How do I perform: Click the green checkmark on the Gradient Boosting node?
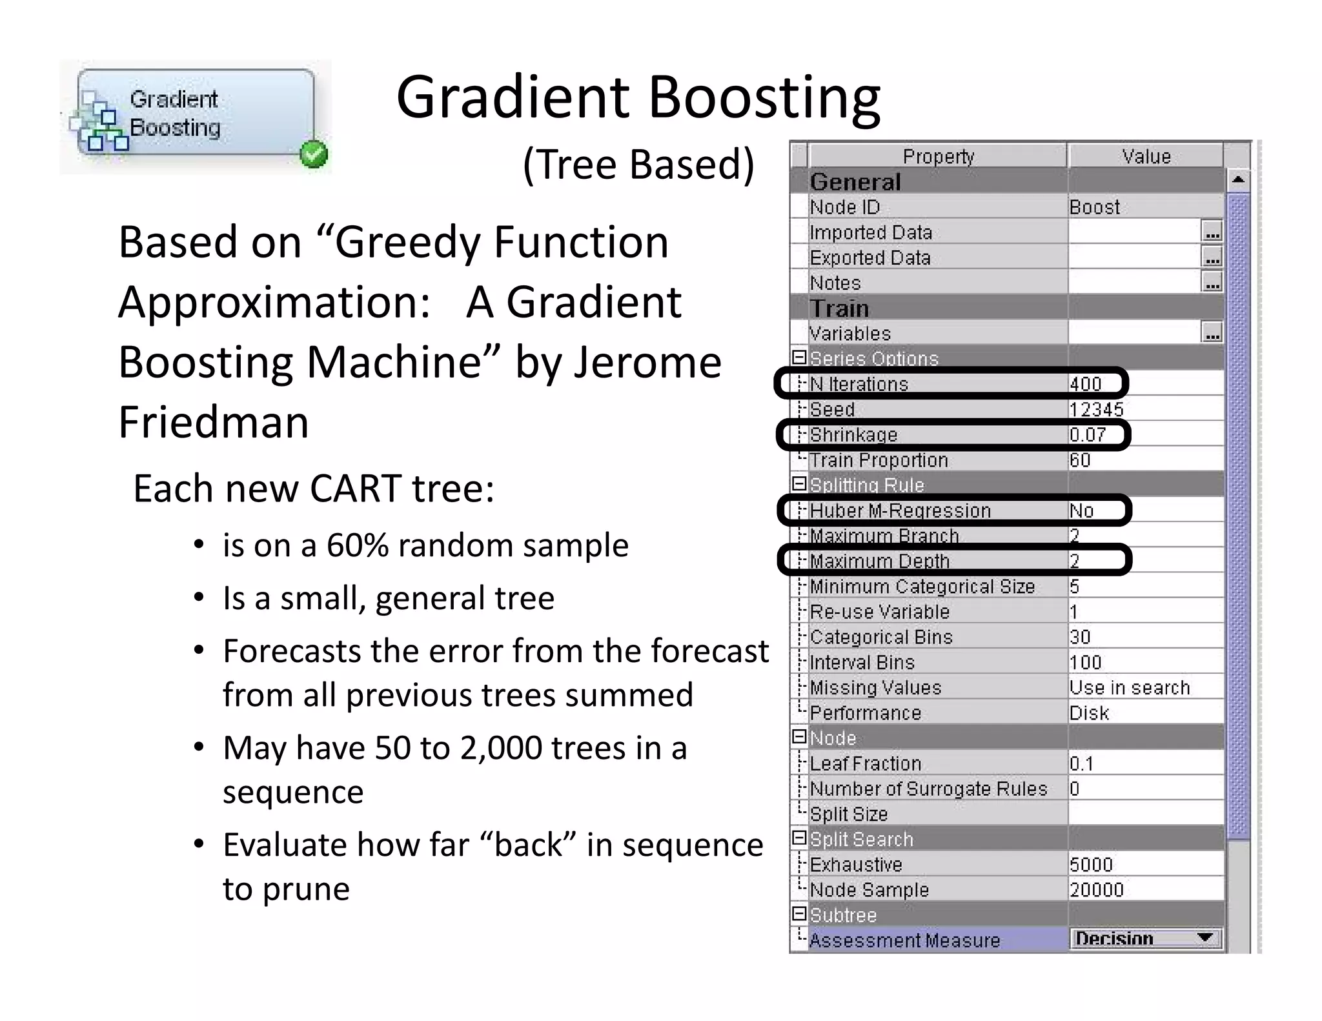pos(314,154)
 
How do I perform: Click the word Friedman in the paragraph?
pos(214,422)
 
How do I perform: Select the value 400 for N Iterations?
pos(1085,384)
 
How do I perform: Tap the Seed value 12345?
pos(1096,409)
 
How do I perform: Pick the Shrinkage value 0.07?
pos(1087,434)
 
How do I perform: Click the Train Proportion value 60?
pos(1080,460)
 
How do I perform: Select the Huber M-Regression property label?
pos(900,510)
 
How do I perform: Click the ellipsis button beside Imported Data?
pos(1212,232)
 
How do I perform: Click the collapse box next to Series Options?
pos(799,357)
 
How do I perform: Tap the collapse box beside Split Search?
pos(799,838)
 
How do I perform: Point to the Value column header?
pos(1146,156)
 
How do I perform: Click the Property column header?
pos(938,156)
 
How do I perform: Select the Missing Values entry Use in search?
pos(1129,687)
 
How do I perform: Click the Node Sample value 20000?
pos(1096,890)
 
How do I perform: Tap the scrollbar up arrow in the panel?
pos(1237,180)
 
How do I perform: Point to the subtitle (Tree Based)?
pos(638,164)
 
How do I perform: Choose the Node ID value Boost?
pos(1094,207)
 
